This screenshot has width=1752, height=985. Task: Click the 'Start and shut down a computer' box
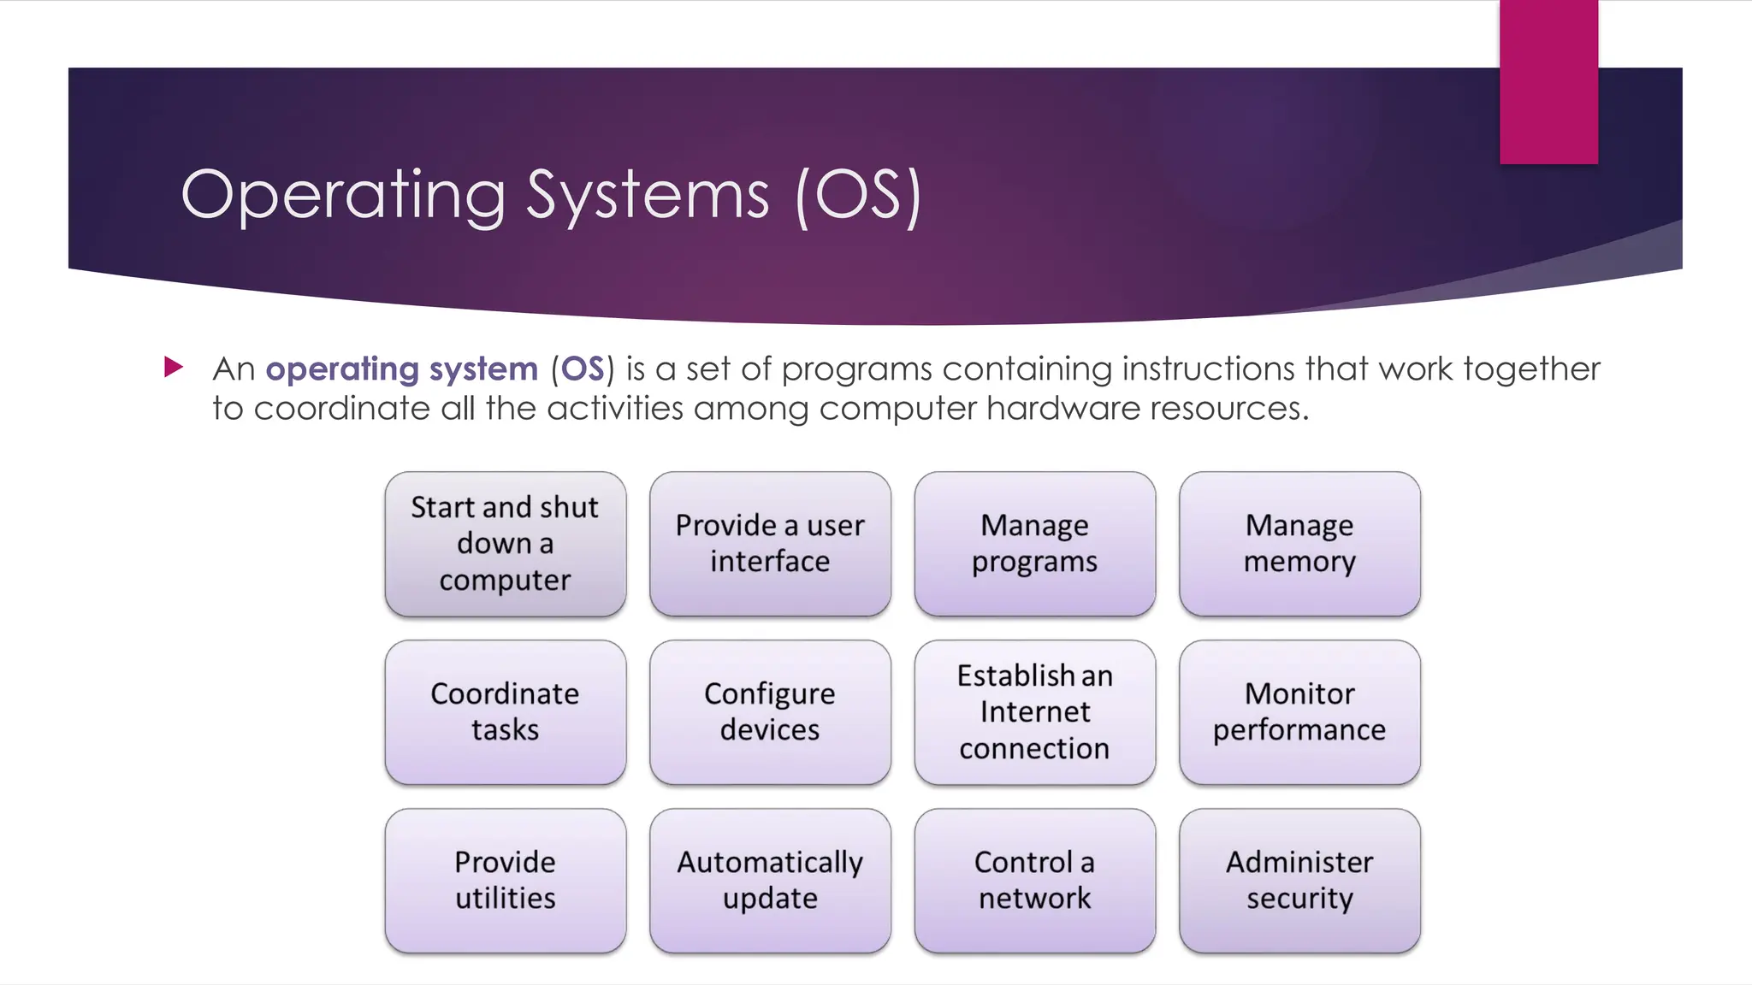[505, 544]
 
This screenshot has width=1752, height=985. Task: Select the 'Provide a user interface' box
[770, 544]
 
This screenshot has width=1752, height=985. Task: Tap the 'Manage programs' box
[1034, 544]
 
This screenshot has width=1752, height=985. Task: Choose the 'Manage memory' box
[1299, 544]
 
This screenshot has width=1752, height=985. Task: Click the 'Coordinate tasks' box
[505, 712]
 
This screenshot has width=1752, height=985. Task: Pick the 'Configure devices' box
[770, 712]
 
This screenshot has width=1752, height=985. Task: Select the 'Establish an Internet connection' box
[1034, 712]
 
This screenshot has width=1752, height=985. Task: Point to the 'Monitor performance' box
[1299, 712]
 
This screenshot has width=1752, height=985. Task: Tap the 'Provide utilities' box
[505, 881]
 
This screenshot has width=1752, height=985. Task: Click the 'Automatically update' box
[770, 881]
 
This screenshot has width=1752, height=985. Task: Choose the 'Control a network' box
[1034, 881]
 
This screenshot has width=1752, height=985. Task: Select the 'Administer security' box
[1299, 881]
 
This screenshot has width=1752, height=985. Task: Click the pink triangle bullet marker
[174, 368]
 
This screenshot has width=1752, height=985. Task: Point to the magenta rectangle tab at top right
[1548, 81]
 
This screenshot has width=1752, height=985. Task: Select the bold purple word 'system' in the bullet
[483, 369]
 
